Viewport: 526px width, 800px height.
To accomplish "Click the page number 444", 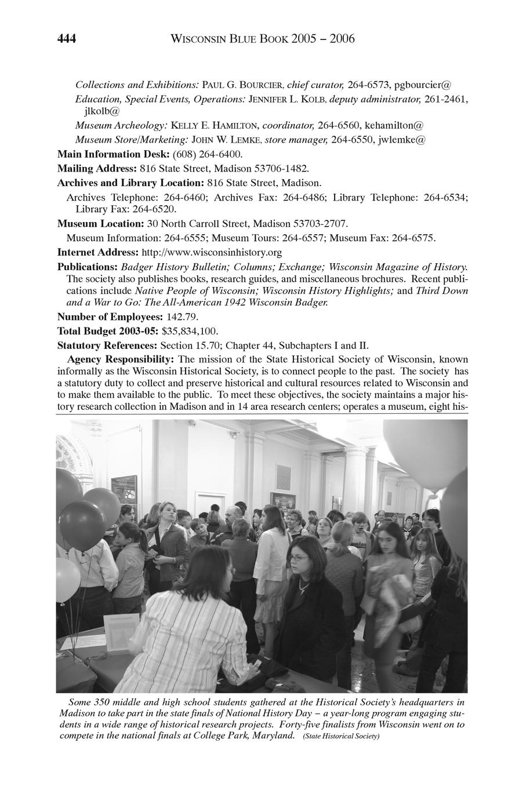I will tap(67, 39).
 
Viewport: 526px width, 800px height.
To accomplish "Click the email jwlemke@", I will tap(401, 140).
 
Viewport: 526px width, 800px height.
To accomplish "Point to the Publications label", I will tap(87, 267).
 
